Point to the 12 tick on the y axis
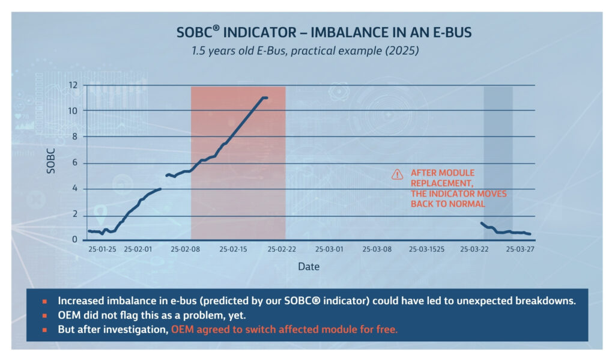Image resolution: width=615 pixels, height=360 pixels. [74, 85]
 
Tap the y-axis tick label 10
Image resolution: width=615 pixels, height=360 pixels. [74, 111]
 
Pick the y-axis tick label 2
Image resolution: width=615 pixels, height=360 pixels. [76, 215]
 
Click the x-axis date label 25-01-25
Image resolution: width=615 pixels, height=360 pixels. [102, 248]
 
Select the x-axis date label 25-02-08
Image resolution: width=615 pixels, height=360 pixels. [184, 248]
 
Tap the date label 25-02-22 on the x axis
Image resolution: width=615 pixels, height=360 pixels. [282, 248]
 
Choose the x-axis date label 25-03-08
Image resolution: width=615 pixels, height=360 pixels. [378, 248]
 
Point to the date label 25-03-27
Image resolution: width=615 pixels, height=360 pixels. [520, 248]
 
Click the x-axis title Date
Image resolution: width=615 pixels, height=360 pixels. [309, 266]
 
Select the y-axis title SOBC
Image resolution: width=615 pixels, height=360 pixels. [51, 163]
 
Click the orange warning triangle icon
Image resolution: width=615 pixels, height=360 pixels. [397, 174]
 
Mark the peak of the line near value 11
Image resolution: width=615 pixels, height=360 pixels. [264, 97]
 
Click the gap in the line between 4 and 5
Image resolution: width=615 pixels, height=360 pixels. [163, 182]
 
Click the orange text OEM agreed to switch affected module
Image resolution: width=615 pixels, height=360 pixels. [284, 329]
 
